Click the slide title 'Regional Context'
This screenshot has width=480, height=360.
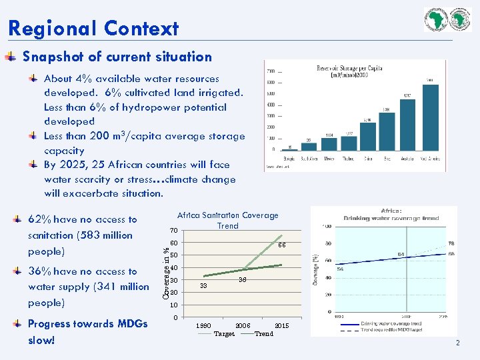93,29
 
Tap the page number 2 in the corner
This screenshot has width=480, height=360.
458,343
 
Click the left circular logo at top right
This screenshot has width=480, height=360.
437,19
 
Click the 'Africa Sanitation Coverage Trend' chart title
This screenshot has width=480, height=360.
227,220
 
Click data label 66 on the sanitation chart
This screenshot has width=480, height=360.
281,245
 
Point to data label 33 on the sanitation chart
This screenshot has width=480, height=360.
203,285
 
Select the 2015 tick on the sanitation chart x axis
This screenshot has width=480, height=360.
281,325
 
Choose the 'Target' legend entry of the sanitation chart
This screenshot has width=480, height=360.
224,333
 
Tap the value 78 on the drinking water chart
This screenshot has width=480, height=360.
451,243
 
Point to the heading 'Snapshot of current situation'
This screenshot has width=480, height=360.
117,57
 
